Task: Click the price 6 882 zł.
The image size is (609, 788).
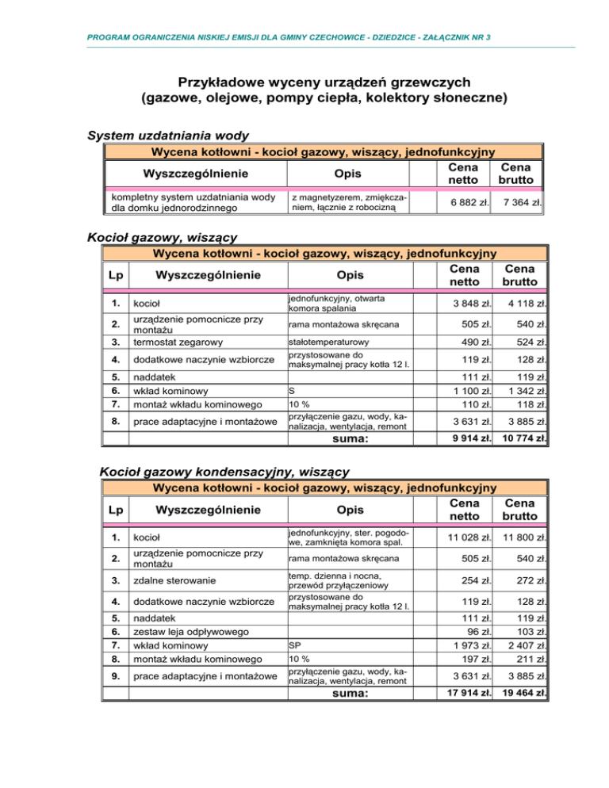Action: click(x=466, y=202)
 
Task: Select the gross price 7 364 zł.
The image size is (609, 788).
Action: click(x=520, y=202)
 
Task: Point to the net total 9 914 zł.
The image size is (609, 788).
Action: click(x=465, y=438)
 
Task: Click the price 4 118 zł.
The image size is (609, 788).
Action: click(x=520, y=304)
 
